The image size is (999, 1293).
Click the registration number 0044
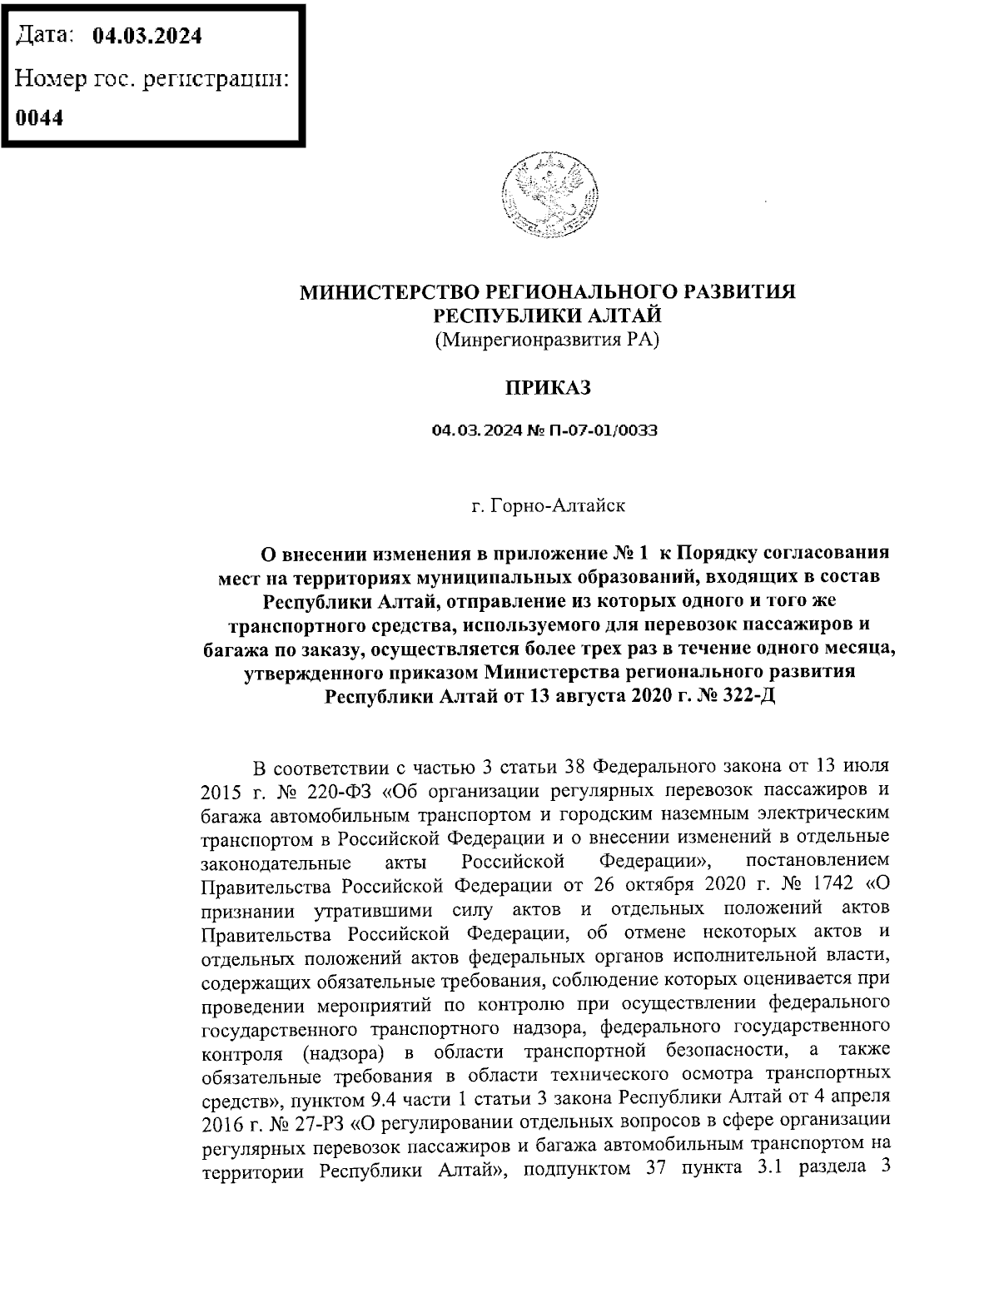tap(40, 117)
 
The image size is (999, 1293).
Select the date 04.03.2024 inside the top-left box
tap(147, 36)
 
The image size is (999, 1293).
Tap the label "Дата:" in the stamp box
tap(47, 36)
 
